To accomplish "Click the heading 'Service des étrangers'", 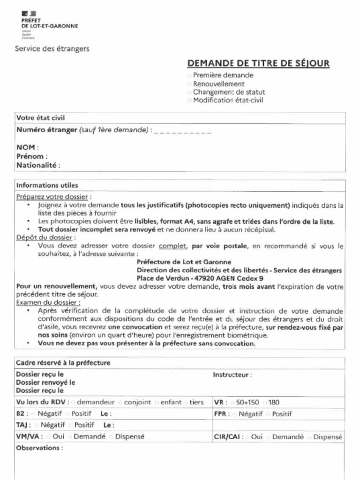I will (52, 49).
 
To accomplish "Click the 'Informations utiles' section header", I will (47, 185).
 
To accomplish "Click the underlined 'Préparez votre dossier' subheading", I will (52, 197).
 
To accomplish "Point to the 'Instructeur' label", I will (232, 375).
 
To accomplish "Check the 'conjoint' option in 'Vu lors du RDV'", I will (121, 403).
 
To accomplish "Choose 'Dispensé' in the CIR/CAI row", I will (310, 437).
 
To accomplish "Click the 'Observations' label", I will (39, 448).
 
